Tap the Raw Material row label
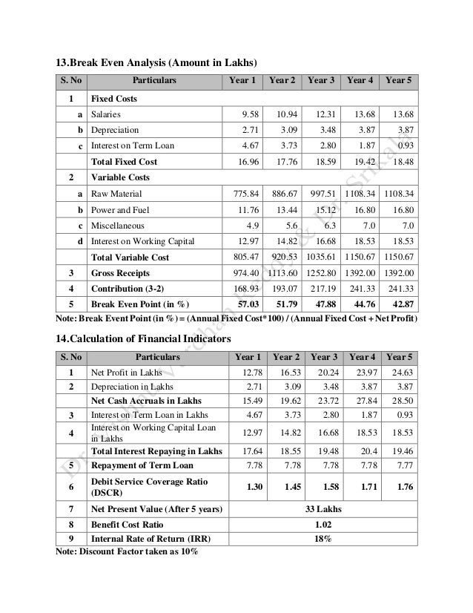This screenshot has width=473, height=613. click(111, 194)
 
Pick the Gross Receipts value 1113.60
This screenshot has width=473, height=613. click(282, 272)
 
